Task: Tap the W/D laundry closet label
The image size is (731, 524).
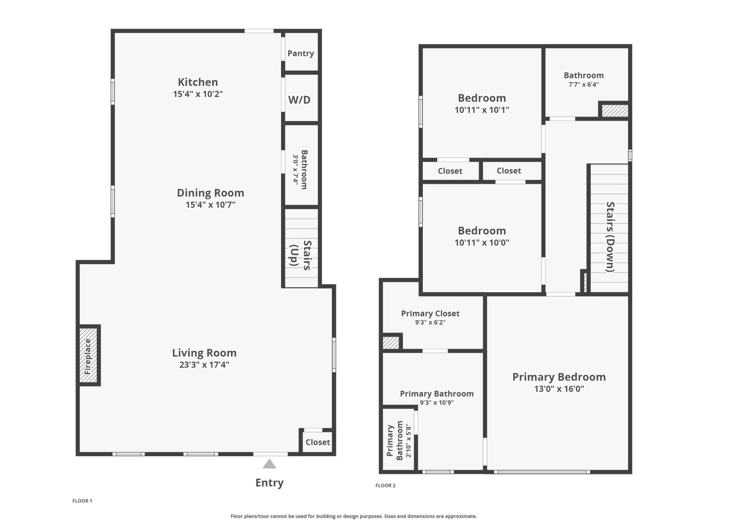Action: tap(299, 100)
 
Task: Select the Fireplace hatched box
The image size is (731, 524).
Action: tap(88, 356)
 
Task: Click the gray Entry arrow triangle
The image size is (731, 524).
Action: tap(269, 465)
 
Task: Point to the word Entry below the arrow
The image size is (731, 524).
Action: tap(269, 482)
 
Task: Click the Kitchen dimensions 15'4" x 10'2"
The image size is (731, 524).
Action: tap(198, 94)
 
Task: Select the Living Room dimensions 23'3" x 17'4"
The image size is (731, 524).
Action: tap(204, 364)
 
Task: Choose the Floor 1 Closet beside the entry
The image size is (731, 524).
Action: tap(317, 442)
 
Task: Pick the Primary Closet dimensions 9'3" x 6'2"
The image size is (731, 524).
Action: tap(430, 322)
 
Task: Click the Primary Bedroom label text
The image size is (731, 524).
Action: tap(559, 377)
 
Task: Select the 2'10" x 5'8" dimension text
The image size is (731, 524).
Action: tap(409, 441)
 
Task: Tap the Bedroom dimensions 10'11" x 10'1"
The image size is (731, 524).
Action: tap(482, 110)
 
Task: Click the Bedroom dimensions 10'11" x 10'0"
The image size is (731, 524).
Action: tap(482, 243)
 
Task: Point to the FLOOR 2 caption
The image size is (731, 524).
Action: tap(385, 485)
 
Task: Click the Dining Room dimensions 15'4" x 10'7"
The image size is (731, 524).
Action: tap(210, 205)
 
